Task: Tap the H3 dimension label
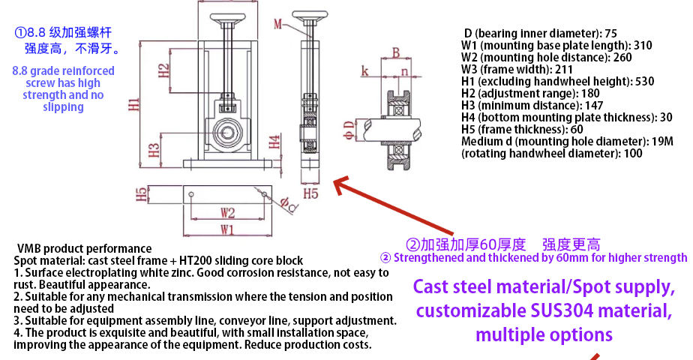click(154, 148)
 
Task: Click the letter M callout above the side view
click(278, 25)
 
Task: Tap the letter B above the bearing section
click(395, 52)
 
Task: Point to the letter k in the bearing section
click(364, 71)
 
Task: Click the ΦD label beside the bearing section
click(348, 129)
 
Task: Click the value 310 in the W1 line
click(643, 45)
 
